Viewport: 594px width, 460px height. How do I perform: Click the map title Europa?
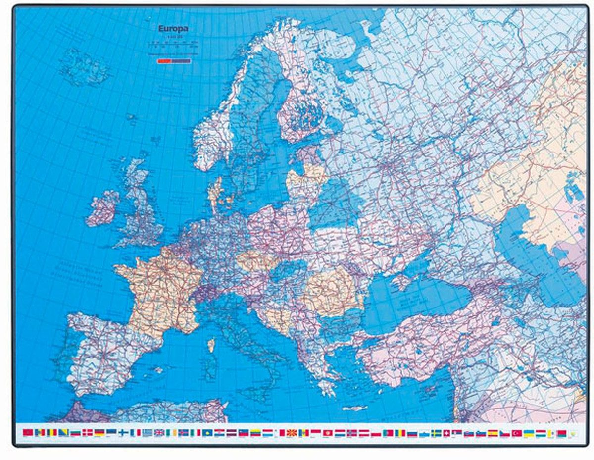(173, 29)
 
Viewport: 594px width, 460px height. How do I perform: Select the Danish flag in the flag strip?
(88, 433)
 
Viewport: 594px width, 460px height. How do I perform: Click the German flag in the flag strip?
(99, 433)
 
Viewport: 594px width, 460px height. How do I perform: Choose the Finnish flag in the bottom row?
(123, 433)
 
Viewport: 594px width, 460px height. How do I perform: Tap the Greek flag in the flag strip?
(148, 433)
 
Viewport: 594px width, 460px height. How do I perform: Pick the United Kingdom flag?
(159, 433)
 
